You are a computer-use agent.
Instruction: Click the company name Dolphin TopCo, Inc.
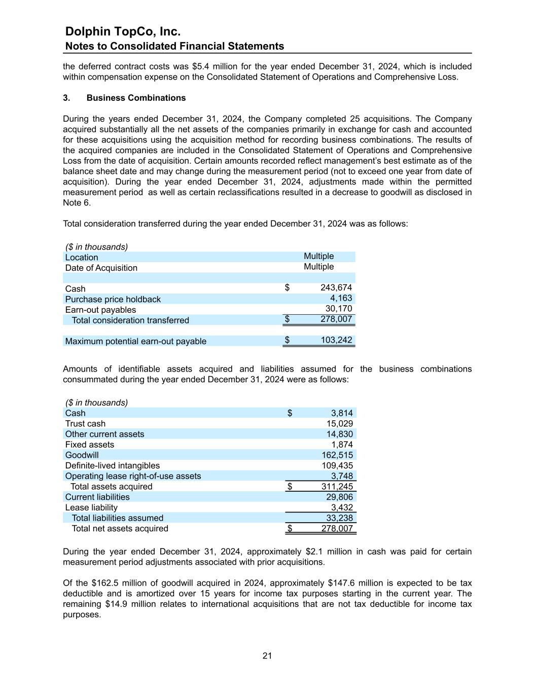click(123, 31)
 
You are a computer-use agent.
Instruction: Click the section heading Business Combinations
click(136, 98)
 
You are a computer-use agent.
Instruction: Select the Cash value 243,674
click(336, 288)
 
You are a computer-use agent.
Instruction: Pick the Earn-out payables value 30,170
click(338, 309)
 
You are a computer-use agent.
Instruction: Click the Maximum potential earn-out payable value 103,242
click(336, 340)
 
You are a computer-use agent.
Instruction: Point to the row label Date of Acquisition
click(101, 268)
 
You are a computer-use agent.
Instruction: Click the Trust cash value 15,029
click(339, 423)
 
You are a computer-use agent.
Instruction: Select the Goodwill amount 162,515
click(337, 455)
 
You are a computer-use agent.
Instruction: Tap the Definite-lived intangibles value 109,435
click(337, 465)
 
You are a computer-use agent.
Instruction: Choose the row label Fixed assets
click(89, 445)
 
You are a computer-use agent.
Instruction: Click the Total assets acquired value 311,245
click(337, 487)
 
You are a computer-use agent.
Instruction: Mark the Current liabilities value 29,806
click(339, 497)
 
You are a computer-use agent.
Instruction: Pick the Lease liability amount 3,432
click(342, 507)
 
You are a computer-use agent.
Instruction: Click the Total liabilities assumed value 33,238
click(339, 518)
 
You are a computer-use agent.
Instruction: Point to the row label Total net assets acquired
click(120, 528)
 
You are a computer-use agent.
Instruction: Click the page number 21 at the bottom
click(267, 656)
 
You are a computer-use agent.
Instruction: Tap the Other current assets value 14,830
click(339, 434)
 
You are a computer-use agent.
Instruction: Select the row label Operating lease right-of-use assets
click(133, 476)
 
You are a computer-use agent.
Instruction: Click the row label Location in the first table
click(81, 257)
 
